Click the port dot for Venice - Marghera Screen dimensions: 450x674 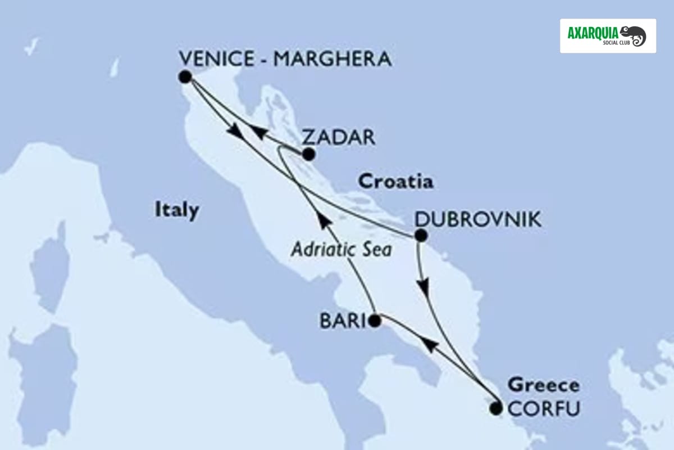pos(184,76)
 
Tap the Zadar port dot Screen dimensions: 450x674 pos(308,154)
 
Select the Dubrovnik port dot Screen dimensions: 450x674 pos(420,236)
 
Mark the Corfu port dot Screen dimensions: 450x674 pos(495,408)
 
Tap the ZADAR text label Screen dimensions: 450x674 pos(338,137)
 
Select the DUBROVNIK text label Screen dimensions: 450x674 pos(478,220)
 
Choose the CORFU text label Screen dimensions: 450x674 pos(543,409)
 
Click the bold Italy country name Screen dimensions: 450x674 pos(176,211)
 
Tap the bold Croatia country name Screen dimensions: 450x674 pos(396,182)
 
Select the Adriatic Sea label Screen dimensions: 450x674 pos(341,249)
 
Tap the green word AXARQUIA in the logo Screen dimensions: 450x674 pos(593,32)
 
